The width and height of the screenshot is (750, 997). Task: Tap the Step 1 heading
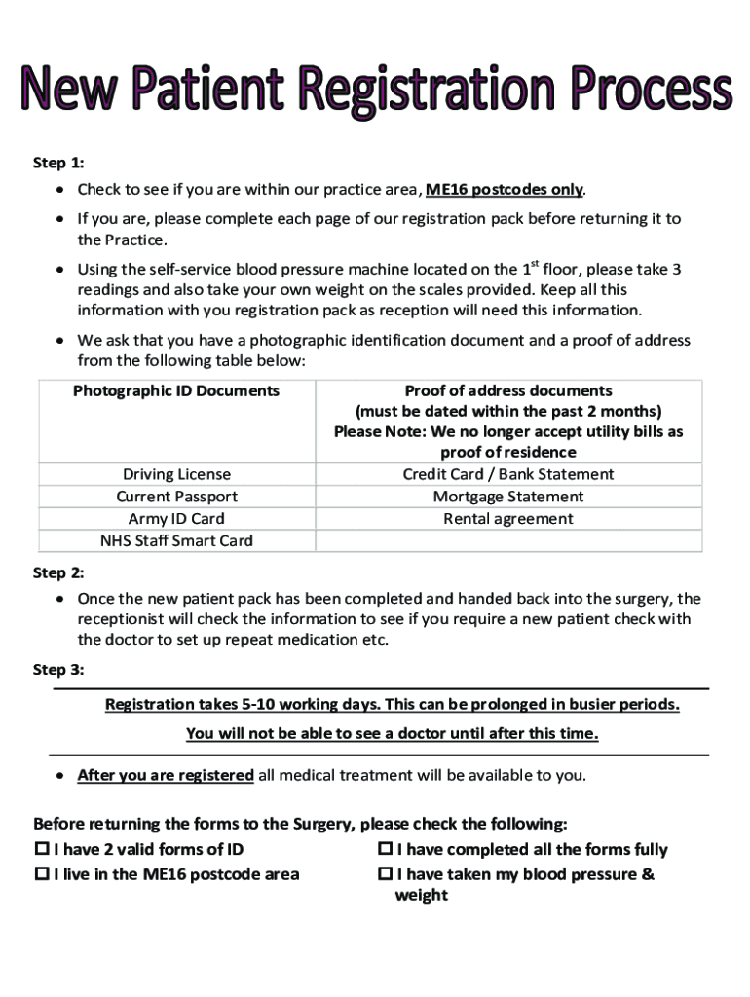click(58, 163)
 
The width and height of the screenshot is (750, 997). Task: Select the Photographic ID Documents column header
click(176, 391)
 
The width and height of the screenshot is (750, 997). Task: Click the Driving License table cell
click(176, 474)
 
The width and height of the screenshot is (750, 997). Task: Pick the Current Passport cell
click(176, 497)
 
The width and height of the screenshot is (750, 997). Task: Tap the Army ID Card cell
click(176, 519)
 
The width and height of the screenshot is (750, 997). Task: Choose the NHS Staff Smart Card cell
click(176, 541)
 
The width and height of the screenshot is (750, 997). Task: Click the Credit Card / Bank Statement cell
click(508, 474)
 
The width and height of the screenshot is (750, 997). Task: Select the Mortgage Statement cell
click(508, 497)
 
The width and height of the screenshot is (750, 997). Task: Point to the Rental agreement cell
click(508, 519)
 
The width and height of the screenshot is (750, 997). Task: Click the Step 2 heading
click(58, 572)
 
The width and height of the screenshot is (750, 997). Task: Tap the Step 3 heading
click(58, 670)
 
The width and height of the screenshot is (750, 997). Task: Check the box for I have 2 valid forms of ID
click(42, 849)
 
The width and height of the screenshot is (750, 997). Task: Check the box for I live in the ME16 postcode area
click(42, 874)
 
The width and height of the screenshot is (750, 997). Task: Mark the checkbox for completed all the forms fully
click(385, 849)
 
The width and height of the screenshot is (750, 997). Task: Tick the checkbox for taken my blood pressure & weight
click(385, 874)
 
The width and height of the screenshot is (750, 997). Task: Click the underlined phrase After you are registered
click(165, 776)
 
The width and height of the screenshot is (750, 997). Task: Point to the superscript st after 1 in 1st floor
click(534, 263)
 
